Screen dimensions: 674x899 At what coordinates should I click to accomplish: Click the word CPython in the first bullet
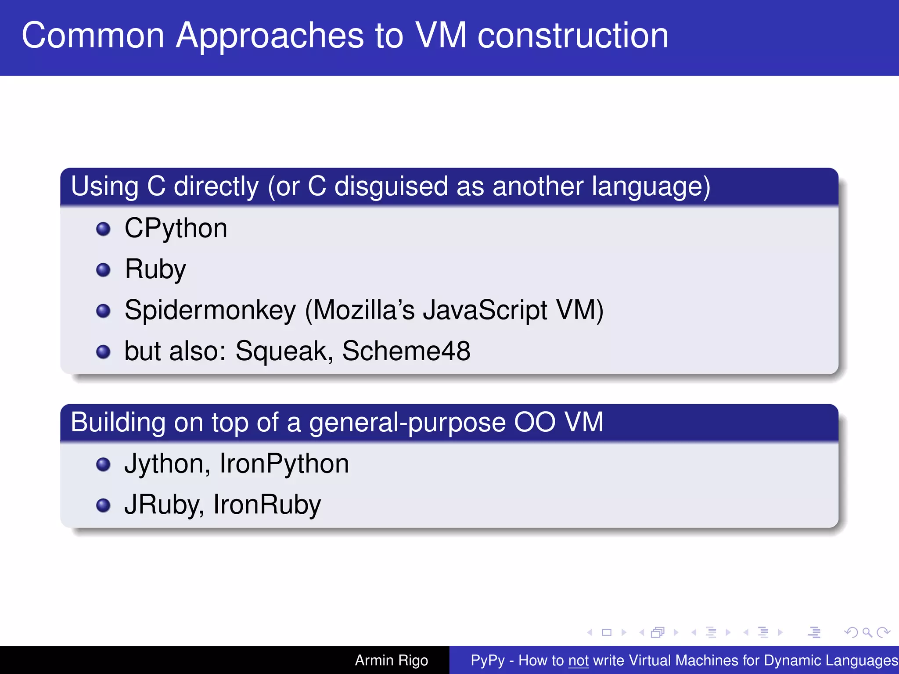point(176,229)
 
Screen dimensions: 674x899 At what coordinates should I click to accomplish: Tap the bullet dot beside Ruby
point(103,269)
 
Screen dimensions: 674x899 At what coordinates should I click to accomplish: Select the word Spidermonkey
point(210,311)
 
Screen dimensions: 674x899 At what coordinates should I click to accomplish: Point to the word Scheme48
point(406,351)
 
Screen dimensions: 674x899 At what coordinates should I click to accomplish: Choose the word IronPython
point(284,464)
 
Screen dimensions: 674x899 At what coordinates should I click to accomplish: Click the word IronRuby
point(267,505)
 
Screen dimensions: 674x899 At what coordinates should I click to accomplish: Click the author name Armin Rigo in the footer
point(391,660)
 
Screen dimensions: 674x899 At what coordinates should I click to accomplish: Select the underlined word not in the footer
point(578,660)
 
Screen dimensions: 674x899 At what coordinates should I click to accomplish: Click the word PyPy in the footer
point(487,660)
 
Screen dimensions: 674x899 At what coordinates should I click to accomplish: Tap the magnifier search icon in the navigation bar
point(867,632)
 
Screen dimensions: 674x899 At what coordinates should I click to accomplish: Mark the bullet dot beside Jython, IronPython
point(103,464)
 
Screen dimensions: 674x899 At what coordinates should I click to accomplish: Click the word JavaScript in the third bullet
point(485,311)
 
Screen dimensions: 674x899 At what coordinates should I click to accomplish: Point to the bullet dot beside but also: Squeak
point(103,351)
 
